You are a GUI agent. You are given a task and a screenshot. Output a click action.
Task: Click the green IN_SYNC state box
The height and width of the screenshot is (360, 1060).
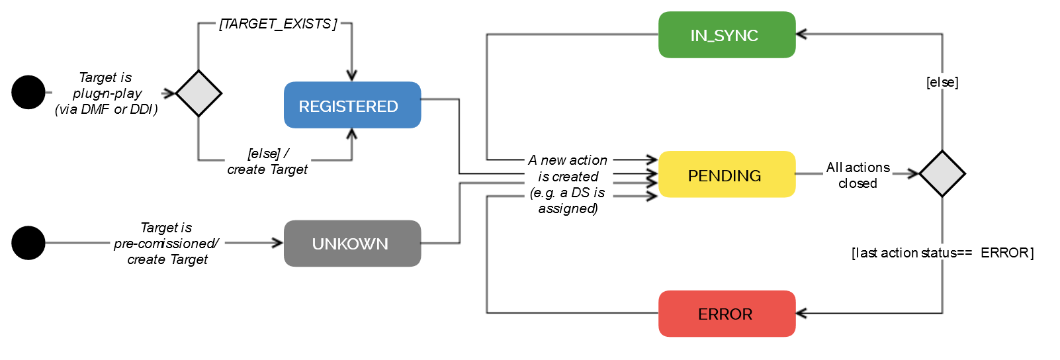(727, 35)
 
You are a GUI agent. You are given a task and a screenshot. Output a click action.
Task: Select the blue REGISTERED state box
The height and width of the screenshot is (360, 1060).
(352, 105)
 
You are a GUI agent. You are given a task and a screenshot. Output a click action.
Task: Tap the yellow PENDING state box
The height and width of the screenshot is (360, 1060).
(727, 175)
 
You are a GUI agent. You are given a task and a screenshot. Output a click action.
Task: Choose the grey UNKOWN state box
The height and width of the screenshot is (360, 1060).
(352, 244)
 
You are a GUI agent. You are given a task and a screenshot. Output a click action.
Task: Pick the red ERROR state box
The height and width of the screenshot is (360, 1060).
(727, 314)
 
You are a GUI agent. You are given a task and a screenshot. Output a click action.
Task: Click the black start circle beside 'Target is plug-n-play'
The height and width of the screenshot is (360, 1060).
(28, 93)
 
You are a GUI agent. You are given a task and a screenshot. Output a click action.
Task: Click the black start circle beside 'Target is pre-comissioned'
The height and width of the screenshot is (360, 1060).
(28, 243)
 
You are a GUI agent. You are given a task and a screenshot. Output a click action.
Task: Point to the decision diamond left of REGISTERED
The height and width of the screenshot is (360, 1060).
(199, 93)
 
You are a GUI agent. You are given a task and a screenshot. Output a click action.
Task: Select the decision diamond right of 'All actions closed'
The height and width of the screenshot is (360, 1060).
(942, 174)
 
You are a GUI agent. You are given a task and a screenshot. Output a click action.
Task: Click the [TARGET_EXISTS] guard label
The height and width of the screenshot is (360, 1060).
(278, 24)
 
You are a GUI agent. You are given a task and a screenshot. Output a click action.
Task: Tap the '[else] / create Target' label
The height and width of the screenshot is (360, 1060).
(268, 161)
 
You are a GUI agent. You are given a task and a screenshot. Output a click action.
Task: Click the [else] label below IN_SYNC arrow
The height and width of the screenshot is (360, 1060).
(942, 82)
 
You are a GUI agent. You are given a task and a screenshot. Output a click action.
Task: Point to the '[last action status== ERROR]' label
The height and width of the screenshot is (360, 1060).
(942, 253)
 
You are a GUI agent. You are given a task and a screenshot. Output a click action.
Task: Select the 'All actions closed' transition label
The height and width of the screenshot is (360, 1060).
(858, 175)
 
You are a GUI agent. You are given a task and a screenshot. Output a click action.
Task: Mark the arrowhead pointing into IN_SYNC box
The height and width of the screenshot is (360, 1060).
(800, 34)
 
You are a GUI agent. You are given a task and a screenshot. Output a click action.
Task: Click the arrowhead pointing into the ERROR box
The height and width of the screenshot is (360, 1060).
(800, 313)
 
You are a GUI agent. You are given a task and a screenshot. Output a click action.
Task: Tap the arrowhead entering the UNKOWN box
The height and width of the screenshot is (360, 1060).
(279, 243)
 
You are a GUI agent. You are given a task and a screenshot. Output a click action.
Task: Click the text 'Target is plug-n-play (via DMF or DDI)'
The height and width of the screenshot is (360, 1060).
(106, 93)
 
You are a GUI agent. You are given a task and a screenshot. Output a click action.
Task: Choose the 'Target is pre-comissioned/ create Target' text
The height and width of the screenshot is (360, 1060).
(167, 244)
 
